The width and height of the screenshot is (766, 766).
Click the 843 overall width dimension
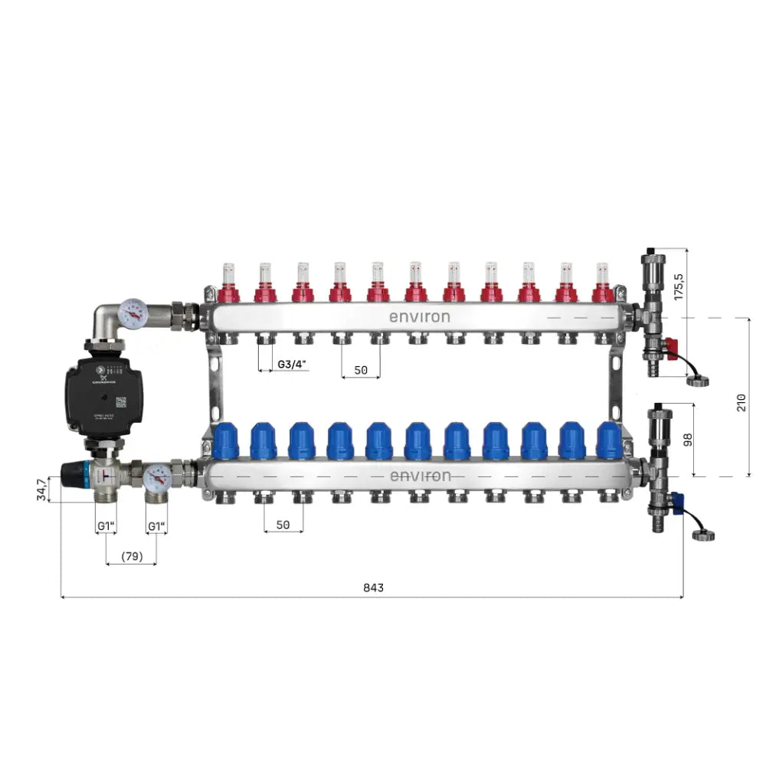click(373, 588)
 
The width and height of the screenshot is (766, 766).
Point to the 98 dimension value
click(687, 440)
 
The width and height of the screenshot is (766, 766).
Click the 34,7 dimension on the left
click(41, 490)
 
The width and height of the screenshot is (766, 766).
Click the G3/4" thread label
click(293, 364)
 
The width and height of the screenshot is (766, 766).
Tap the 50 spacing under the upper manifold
click(360, 369)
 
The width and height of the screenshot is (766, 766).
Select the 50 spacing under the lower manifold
click(283, 525)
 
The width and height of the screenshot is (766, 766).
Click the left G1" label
click(106, 526)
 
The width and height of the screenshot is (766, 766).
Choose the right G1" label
click(157, 526)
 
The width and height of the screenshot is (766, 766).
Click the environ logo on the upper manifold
click(419, 316)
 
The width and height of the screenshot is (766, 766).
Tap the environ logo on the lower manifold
click(421, 476)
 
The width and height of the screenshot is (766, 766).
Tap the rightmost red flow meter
click(604, 283)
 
